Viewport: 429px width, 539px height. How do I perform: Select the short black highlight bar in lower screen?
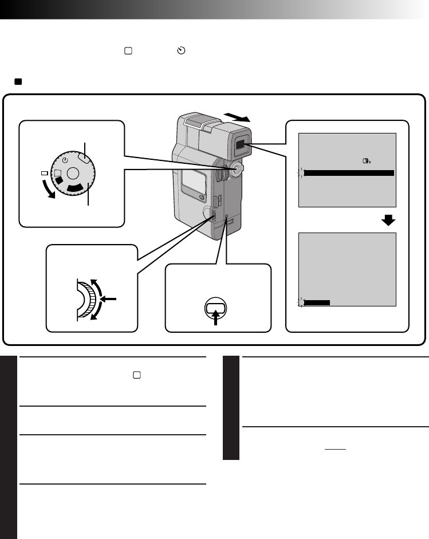coord(317,302)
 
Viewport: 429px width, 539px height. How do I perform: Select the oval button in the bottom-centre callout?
coord(217,307)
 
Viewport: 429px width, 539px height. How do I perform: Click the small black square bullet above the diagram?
coord(18,82)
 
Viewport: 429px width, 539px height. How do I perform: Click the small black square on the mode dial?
coord(58,180)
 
